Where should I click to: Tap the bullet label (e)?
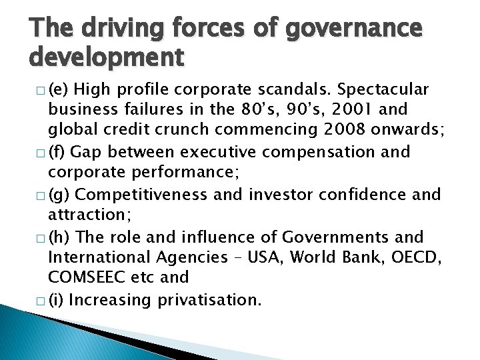[x=56, y=89]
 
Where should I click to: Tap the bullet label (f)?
[x=55, y=152]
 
